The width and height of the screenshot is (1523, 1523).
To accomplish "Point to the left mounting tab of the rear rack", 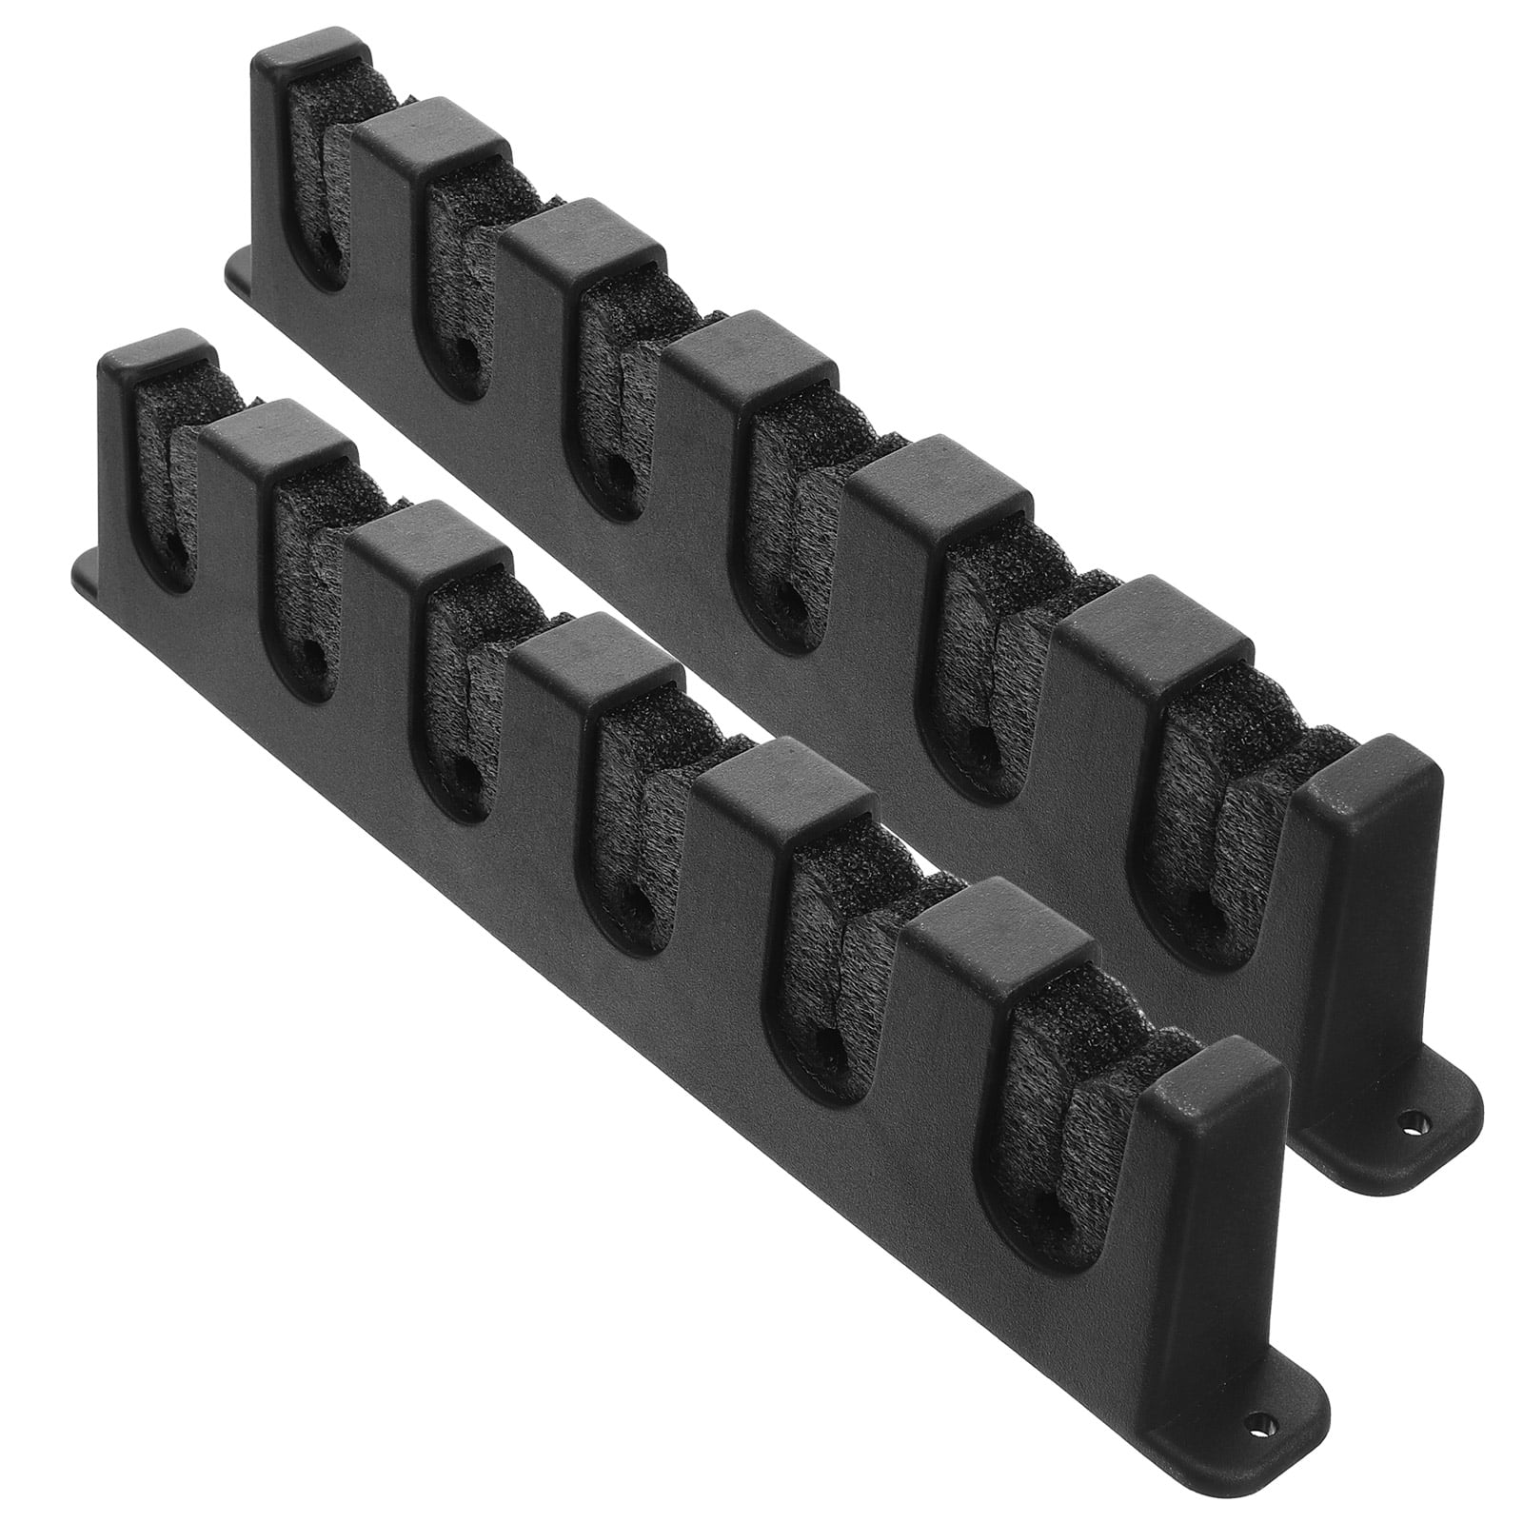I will pyautogui.click(x=238, y=271).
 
